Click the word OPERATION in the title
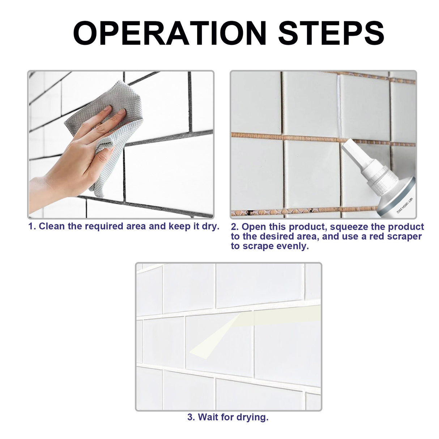click(x=170, y=33)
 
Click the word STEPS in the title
click(x=331, y=33)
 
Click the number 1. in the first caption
click(x=32, y=227)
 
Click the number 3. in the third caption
click(x=191, y=417)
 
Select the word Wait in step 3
click(x=208, y=417)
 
